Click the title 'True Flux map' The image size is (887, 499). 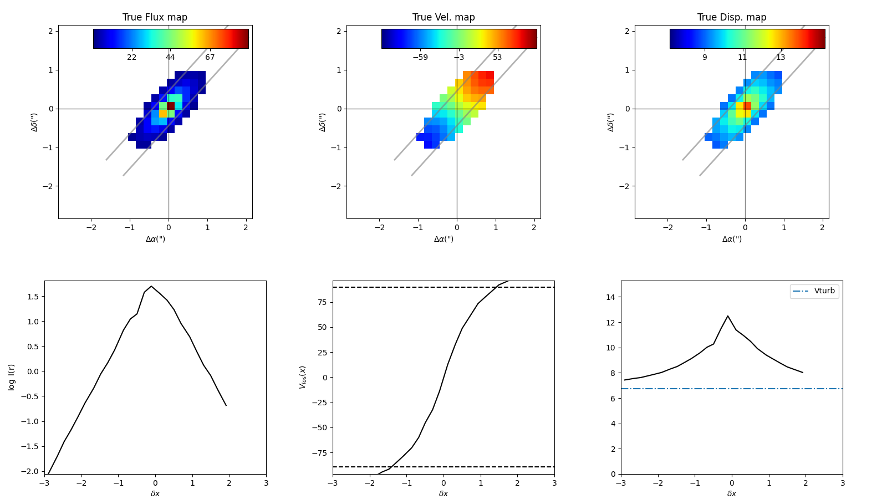(x=155, y=17)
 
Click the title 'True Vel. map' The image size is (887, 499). (x=443, y=17)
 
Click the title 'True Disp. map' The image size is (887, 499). (x=732, y=17)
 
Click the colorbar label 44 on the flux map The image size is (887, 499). (x=170, y=57)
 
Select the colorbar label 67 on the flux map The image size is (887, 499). (x=210, y=57)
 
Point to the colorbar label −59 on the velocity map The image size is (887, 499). (x=420, y=57)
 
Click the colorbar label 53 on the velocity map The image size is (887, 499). (x=497, y=57)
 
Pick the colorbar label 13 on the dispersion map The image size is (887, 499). (x=781, y=57)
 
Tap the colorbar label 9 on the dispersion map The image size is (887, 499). (x=705, y=57)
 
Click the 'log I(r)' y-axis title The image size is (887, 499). (x=12, y=377)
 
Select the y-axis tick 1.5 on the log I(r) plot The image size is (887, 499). (x=32, y=297)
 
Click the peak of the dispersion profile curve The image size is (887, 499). (x=727, y=316)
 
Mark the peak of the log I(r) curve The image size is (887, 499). (x=151, y=286)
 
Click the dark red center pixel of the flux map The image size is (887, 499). (x=171, y=105)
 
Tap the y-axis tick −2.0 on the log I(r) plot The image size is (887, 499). (x=30, y=471)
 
